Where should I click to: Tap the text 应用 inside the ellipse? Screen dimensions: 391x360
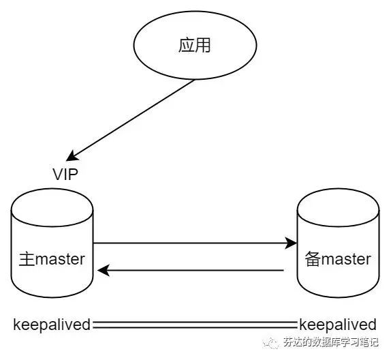pos(195,46)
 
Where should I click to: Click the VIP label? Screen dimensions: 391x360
pos(65,175)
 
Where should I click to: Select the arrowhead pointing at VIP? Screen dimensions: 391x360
pos(72,156)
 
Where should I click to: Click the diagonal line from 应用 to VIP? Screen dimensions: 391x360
pos(130,120)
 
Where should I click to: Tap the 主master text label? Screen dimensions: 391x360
pos(52,259)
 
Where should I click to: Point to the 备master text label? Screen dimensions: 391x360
pos(338,259)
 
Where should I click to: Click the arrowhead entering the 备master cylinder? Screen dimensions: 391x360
pos(291,243)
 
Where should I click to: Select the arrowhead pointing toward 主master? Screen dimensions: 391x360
pos(104,270)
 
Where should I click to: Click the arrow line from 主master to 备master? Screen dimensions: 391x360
pos(195,243)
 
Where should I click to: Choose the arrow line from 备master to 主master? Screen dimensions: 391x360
pos(191,270)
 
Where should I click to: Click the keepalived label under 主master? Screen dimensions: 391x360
pos(52,325)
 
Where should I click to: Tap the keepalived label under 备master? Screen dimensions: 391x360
pos(338,325)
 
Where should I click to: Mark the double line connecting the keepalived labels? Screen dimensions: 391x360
pos(195,325)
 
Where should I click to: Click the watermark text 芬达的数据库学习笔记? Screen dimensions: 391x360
pos(330,342)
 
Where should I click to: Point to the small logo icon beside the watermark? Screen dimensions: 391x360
pos(271,343)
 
